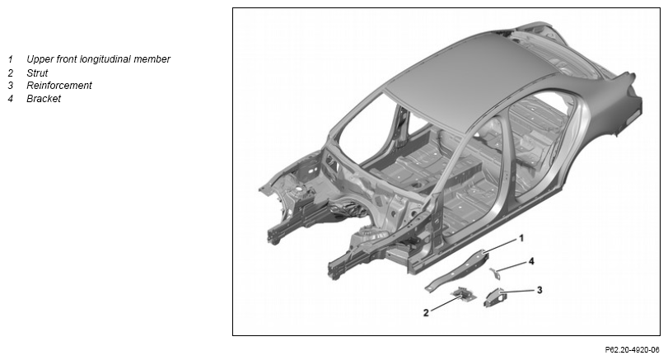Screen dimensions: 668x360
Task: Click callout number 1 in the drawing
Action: (521, 238)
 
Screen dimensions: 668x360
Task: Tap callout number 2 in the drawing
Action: (426, 313)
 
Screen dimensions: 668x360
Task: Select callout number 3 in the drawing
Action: (540, 290)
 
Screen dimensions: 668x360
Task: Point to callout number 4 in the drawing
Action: (531, 261)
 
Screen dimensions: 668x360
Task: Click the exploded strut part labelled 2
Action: (463, 294)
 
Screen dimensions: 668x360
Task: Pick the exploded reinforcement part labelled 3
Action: (494, 297)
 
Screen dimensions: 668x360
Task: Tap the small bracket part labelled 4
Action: (495, 273)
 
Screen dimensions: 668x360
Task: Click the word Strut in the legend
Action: (37, 72)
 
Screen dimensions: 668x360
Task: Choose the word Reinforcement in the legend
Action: (59, 86)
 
